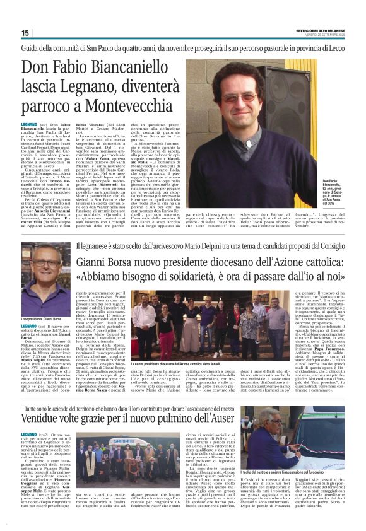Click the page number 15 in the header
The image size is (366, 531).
pos(25,33)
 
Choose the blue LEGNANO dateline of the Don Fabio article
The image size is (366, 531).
pos(29,126)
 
